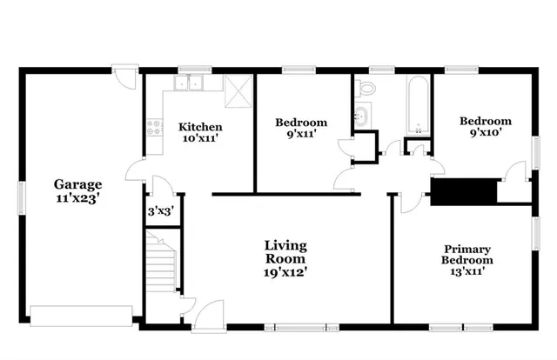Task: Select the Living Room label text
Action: pyautogui.click(x=285, y=258)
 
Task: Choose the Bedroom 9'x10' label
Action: pyautogui.click(x=486, y=128)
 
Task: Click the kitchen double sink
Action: pyautogui.click(x=187, y=84)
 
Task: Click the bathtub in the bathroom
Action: pyautogui.click(x=418, y=106)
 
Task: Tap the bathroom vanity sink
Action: pyautogui.click(x=363, y=116)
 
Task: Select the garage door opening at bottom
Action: pyautogui.click(x=80, y=314)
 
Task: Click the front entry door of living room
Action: pyautogui.click(x=210, y=315)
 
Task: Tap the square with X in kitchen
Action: pyautogui.click(x=237, y=90)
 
